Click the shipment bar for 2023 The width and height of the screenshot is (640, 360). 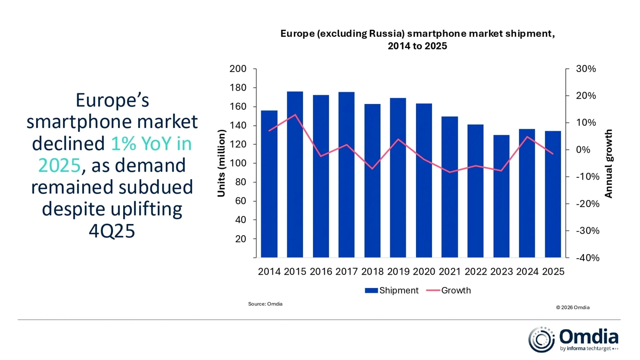click(501, 196)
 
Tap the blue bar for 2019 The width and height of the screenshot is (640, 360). click(398, 178)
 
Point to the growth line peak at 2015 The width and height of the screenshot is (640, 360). click(295, 115)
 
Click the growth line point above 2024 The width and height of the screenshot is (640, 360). click(527, 136)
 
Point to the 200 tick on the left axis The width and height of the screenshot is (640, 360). click(238, 69)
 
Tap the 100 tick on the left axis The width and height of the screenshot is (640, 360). click(238, 164)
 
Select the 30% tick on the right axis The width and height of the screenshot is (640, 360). click(586, 69)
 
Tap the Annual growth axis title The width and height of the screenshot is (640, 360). click(609, 164)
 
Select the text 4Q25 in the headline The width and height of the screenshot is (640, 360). click(112, 231)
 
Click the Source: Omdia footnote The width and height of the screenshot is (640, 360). click(265, 304)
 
